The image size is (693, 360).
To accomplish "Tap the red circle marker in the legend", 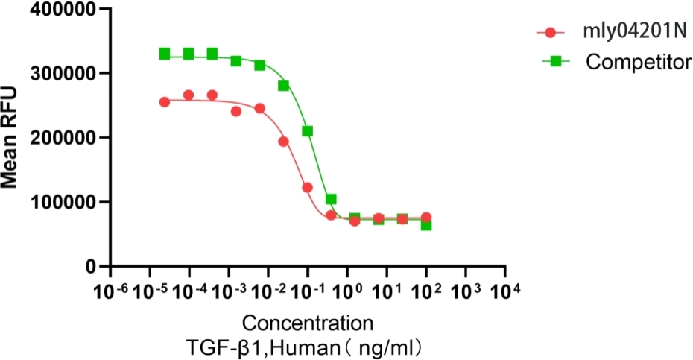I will [551, 33].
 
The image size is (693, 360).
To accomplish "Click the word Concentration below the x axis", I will [306, 324].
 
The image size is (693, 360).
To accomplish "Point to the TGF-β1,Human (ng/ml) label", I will [306, 347].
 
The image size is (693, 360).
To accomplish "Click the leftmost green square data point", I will [165, 54].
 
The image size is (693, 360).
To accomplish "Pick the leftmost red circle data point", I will [165, 102].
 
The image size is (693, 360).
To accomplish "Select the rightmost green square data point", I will [426, 224].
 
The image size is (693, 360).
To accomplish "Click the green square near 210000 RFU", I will [307, 131].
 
